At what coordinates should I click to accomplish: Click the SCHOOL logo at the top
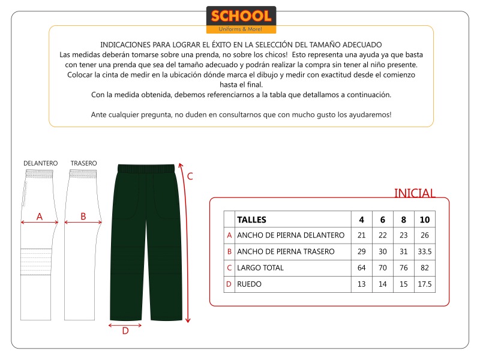coord(241,19)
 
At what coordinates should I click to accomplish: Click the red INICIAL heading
coord(414,193)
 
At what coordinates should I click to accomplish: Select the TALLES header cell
coord(252,220)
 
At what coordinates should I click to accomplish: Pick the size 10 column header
coord(425,220)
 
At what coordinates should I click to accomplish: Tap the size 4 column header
coord(361,220)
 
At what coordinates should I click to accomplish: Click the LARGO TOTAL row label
coord(260,268)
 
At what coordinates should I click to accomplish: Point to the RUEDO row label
coord(250,284)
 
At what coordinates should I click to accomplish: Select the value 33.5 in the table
coord(425,251)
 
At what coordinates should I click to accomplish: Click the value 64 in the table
coord(361,268)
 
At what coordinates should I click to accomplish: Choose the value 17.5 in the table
coord(425,284)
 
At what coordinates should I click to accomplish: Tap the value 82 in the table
coord(425,268)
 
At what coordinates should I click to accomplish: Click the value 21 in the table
coord(361,235)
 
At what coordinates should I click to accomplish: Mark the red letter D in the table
coord(229,284)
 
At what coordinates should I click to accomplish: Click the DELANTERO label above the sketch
coord(40,163)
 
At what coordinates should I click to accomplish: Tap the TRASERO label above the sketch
coord(83,163)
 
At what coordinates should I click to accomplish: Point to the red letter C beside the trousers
coord(190,176)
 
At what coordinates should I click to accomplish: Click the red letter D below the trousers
coord(125,331)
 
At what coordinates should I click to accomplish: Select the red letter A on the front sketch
coord(40,217)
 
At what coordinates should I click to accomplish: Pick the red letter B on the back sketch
coord(83,216)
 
